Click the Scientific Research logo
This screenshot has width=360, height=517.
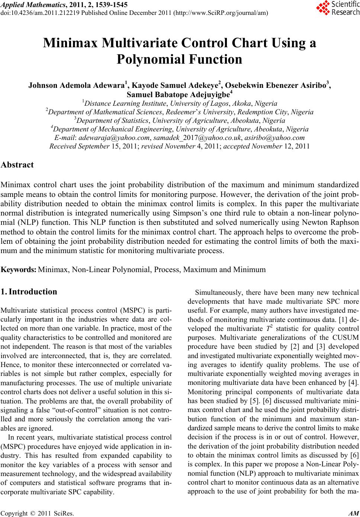337,9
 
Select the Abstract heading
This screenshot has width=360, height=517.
17,165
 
